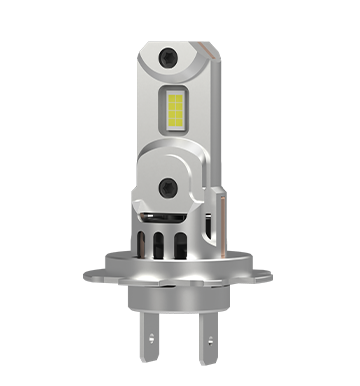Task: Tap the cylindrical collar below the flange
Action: [180, 296]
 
